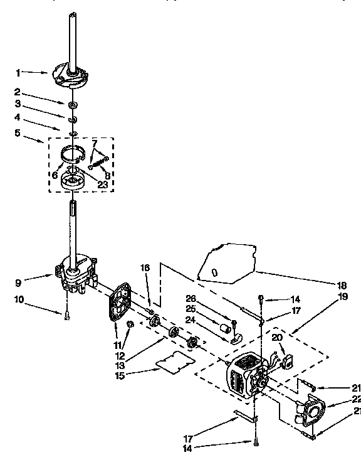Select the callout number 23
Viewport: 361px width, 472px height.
click(x=102, y=185)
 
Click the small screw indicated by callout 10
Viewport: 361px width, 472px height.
click(x=66, y=316)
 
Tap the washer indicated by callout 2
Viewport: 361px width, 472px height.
click(x=74, y=104)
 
